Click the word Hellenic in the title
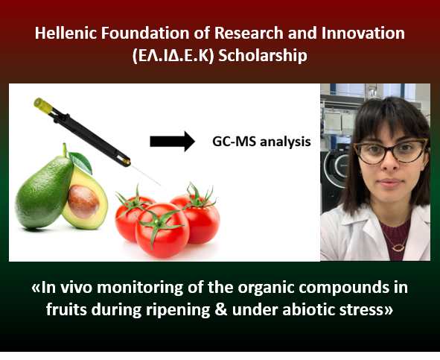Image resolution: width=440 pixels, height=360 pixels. pyautogui.click(x=66, y=33)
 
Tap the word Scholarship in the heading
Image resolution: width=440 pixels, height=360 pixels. pyautogui.click(x=263, y=55)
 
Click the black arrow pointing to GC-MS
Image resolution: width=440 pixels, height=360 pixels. pyautogui.click(x=172, y=141)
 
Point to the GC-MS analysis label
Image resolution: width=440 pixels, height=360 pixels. pyautogui.click(x=261, y=142)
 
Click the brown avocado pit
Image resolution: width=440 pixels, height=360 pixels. pyautogui.click(x=83, y=201)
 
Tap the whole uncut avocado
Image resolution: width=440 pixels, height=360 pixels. pyautogui.click(x=43, y=192)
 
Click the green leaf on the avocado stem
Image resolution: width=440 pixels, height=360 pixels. pyautogui.click(x=81, y=162)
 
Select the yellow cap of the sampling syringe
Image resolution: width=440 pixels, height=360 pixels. pyautogui.click(x=43, y=105)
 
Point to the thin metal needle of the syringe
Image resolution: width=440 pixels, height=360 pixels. pyautogui.click(x=145, y=175)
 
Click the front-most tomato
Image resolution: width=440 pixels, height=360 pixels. pyautogui.click(x=162, y=230)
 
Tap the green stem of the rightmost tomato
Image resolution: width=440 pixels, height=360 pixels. pyautogui.click(x=200, y=197)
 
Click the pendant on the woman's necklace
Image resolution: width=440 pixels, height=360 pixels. pyautogui.click(x=398, y=248)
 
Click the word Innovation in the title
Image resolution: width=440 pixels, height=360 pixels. pyautogui.click(x=363, y=33)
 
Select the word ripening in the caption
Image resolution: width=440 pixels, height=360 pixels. pyautogui.click(x=178, y=310)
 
